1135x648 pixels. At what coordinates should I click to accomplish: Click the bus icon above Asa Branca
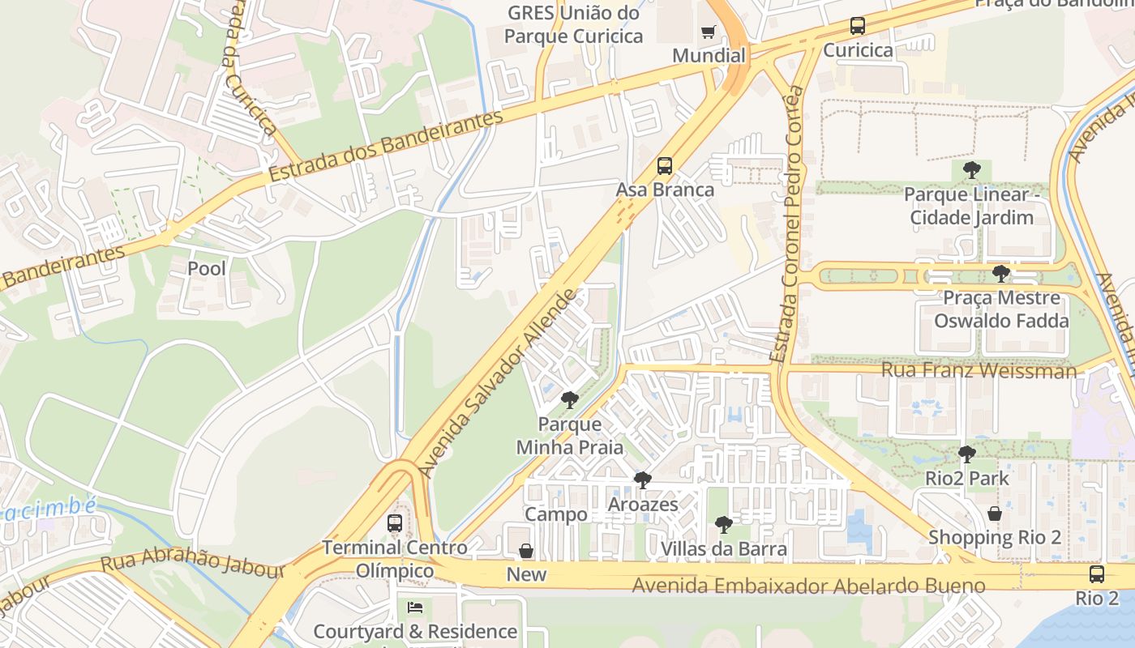(665, 166)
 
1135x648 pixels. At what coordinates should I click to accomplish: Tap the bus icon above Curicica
(858, 26)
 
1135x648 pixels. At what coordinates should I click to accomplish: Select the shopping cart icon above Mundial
(709, 32)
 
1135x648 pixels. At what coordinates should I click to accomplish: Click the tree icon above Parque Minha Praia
(570, 399)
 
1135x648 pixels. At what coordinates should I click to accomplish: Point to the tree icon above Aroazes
(642, 480)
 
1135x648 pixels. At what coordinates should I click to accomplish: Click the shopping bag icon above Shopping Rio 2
(995, 514)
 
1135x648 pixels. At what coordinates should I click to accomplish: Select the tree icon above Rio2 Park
(966, 454)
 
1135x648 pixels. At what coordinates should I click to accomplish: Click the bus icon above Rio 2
(1097, 574)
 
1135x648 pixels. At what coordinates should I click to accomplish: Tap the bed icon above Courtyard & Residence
(415, 607)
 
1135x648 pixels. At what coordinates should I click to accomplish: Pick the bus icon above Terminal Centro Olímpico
(395, 522)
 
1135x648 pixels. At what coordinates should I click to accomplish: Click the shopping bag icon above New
(526, 551)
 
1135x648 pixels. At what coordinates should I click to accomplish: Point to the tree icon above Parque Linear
(971, 170)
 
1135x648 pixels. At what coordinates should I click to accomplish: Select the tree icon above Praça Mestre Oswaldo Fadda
(1001, 274)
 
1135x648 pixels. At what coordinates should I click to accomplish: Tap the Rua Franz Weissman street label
(979, 371)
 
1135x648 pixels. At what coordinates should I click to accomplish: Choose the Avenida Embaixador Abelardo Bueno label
(808, 585)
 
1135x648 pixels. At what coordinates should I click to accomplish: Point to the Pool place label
(207, 268)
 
